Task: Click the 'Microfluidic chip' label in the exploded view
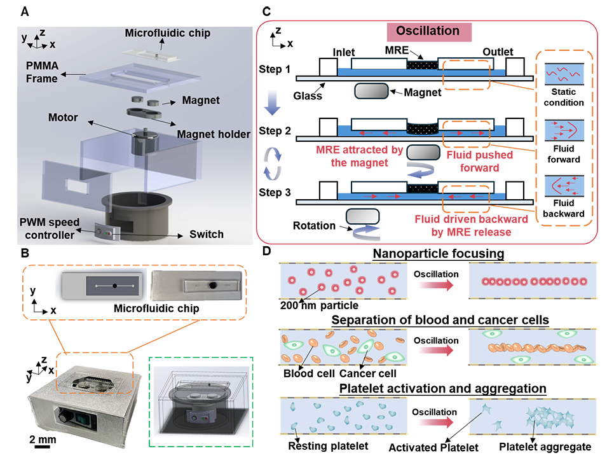[x=167, y=32]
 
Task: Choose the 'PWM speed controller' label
[x=48, y=228]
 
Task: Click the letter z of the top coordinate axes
[x=42, y=31]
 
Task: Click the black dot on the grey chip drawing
[x=114, y=287]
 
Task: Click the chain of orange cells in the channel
[x=515, y=349]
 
